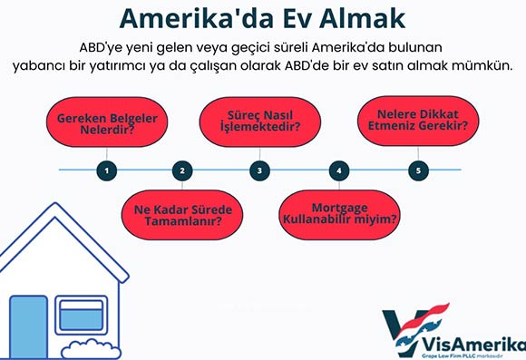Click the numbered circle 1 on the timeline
coord(107,170)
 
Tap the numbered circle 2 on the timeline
coord(182,170)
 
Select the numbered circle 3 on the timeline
coord(260,170)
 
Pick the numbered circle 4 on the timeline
coord(338,170)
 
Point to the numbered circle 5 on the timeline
coord(417,170)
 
